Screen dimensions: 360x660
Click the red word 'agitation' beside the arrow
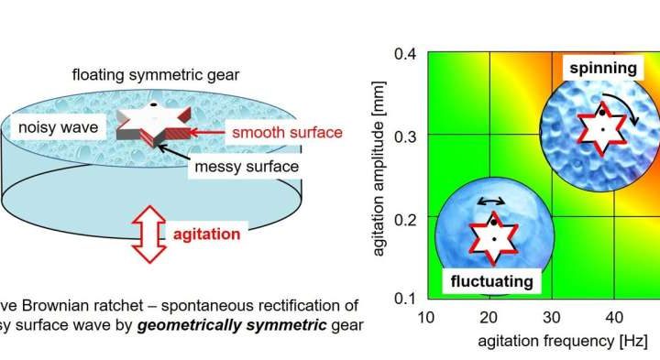(x=210, y=235)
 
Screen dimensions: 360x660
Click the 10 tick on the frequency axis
(x=425, y=317)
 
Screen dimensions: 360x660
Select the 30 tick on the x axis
(x=554, y=317)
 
